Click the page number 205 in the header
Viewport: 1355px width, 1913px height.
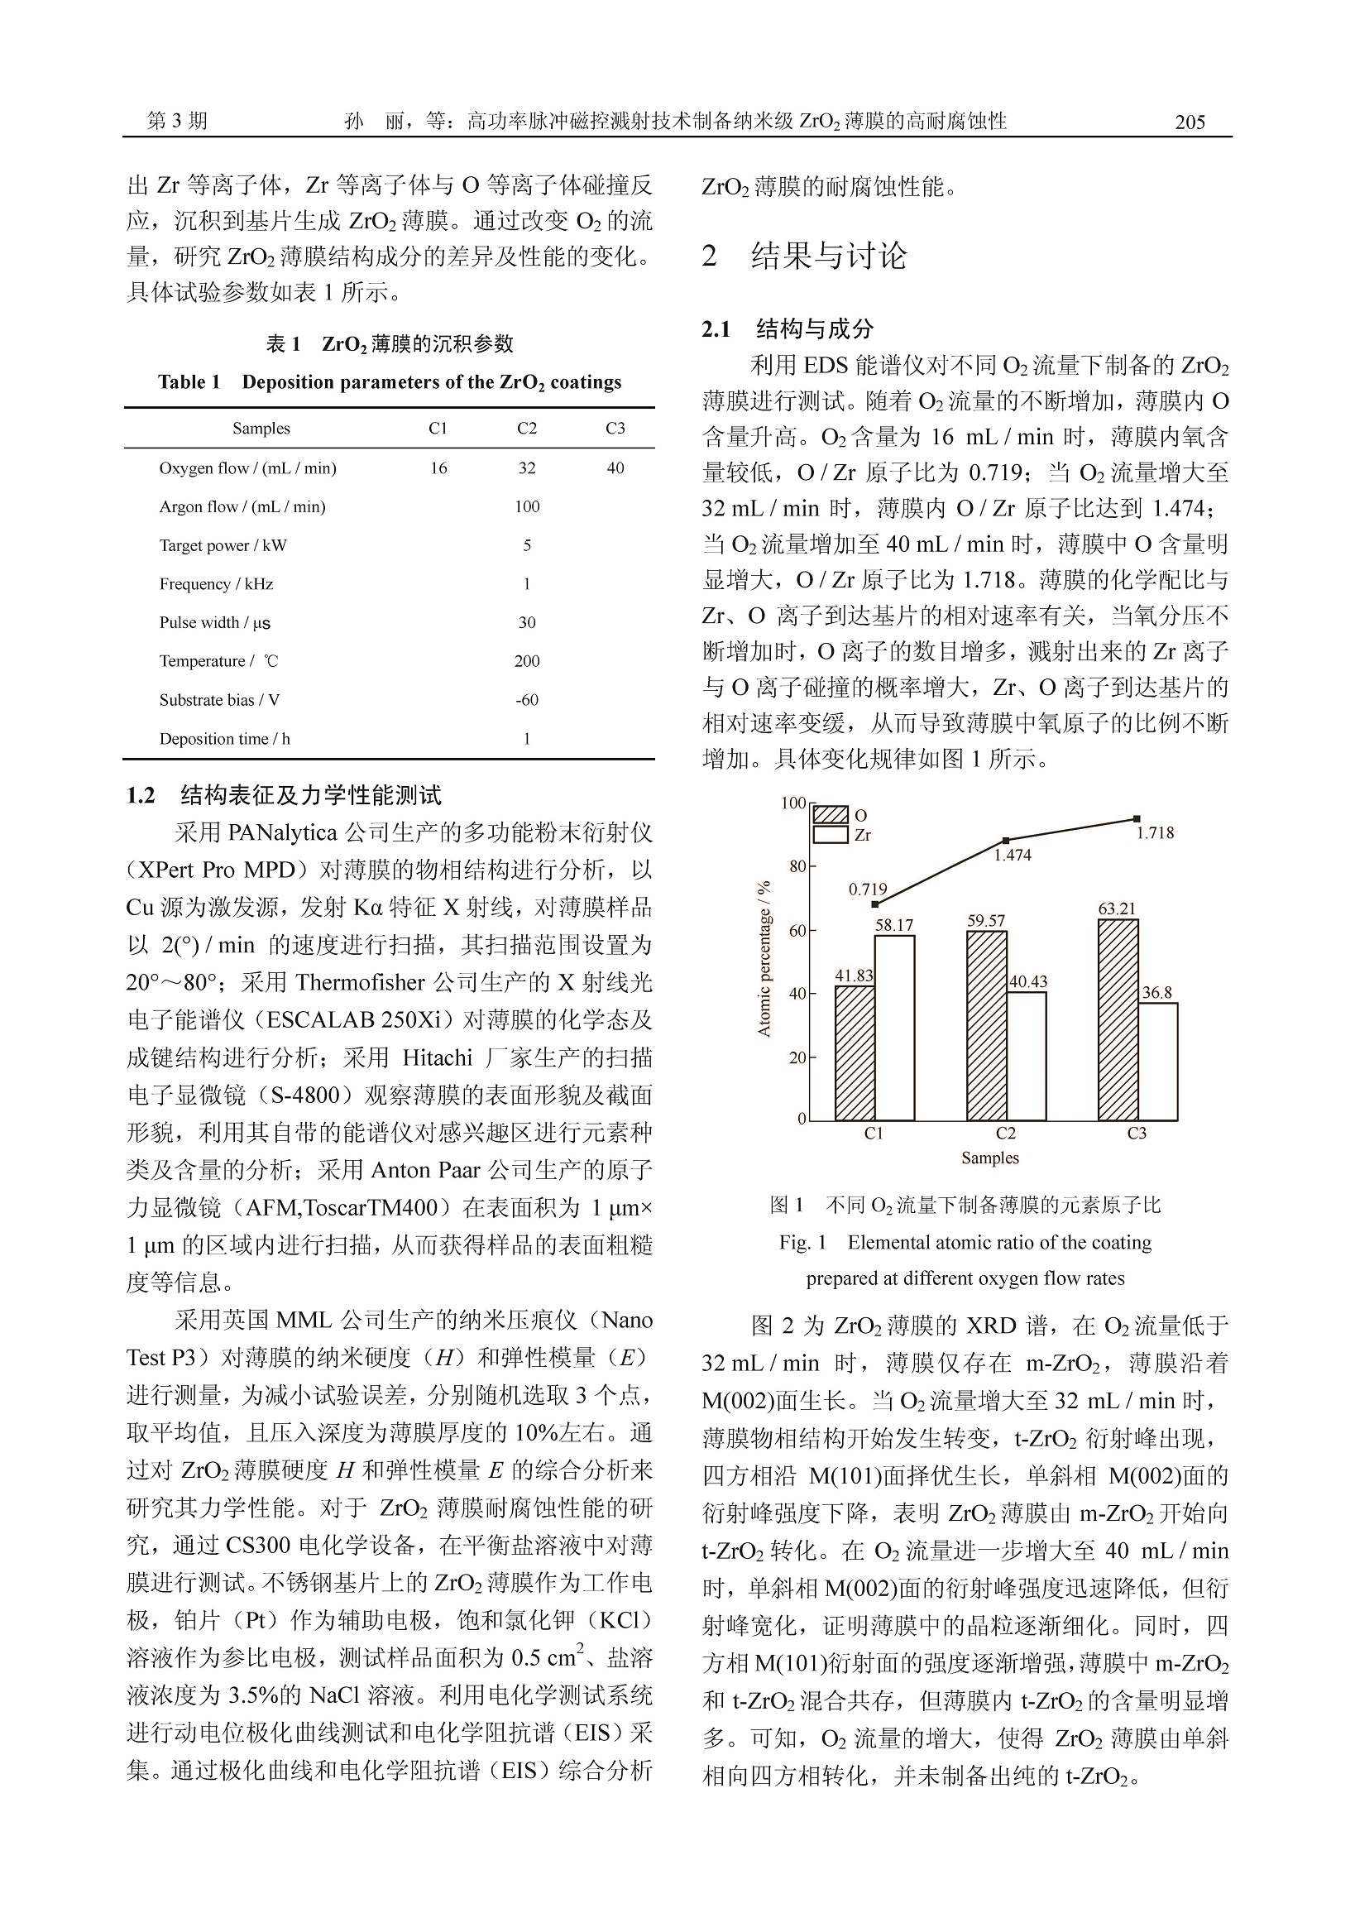pyautogui.click(x=1190, y=122)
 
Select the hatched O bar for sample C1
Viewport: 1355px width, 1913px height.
pyautogui.click(x=855, y=1052)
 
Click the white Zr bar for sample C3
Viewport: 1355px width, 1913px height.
pyautogui.click(x=1158, y=1061)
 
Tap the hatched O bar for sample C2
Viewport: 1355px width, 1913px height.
pyautogui.click(x=986, y=1025)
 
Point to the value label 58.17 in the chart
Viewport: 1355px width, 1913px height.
pyautogui.click(x=893, y=925)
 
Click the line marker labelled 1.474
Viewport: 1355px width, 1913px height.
pyautogui.click(x=1006, y=841)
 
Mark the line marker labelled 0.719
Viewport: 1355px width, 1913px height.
pyautogui.click(x=874, y=904)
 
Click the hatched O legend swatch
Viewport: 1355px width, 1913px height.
pyautogui.click(x=831, y=815)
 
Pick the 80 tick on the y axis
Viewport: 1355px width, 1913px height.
pyautogui.click(x=797, y=866)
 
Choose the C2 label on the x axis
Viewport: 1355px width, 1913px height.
pyautogui.click(x=1005, y=1134)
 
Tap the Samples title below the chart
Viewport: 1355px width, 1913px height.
pyautogui.click(x=989, y=1158)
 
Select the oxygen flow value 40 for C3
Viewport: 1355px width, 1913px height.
pyautogui.click(x=615, y=468)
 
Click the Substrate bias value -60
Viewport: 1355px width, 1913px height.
pyautogui.click(x=526, y=700)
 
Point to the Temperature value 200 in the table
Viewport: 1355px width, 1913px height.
pyautogui.click(x=526, y=661)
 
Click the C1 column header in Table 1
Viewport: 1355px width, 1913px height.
pyautogui.click(x=438, y=428)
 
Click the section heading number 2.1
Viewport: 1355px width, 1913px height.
pyautogui.click(x=716, y=329)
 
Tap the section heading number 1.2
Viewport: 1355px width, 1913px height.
pyautogui.click(x=141, y=795)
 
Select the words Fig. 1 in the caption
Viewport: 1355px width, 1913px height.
pyautogui.click(x=802, y=1243)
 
